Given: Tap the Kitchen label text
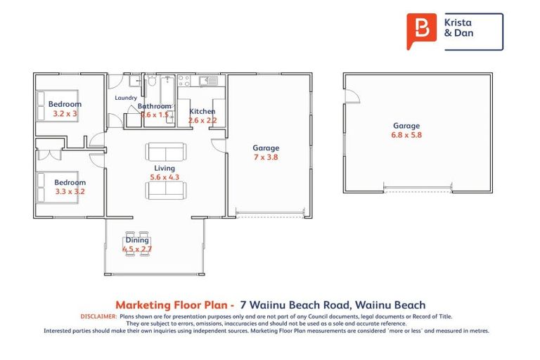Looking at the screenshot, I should pyautogui.click(x=202, y=111).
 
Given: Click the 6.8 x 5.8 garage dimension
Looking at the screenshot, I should pyautogui.click(x=406, y=135).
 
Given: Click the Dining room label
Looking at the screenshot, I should pyautogui.click(x=137, y=240).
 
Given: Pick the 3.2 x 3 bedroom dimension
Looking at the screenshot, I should pyautogui.click(x=65, y=113).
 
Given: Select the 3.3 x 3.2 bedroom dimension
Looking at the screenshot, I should pyautogui.click(x=70, y=191).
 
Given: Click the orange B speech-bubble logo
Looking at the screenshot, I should pyautogui.click(x=421, y=31).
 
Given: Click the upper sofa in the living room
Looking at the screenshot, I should pyautogui.click(x=166, y=151).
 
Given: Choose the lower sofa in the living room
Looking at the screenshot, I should pyautogui.click(x=166, y=191).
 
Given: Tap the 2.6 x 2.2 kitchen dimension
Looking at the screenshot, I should pyautogui.click(x=202, y=120).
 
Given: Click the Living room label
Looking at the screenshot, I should pyautogui.click(x=165, y=169).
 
